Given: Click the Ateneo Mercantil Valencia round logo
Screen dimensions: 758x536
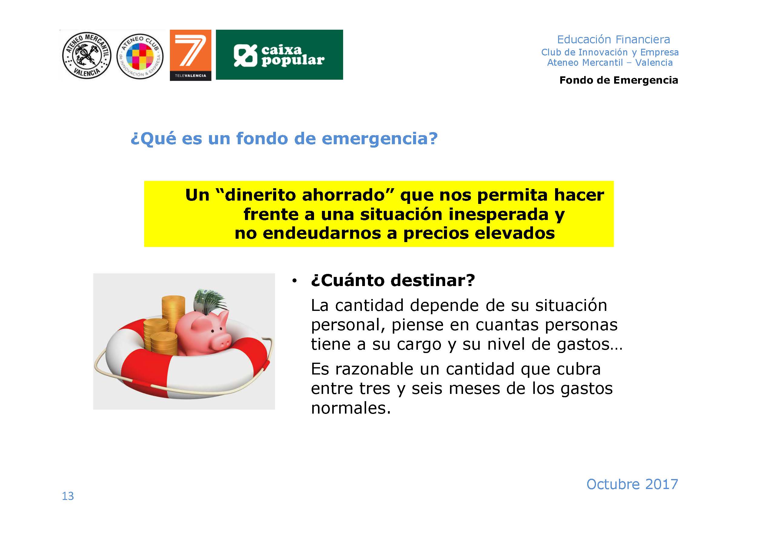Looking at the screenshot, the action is point(87,55).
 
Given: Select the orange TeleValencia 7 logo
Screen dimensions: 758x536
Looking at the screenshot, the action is point(190,55).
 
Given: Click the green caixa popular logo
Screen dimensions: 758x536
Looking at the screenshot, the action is point(279,55).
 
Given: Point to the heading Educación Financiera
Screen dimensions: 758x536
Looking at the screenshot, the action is point(614,40).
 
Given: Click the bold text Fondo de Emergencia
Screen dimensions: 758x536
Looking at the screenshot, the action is point(619,80).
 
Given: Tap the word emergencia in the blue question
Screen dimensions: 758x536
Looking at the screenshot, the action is point(380,139).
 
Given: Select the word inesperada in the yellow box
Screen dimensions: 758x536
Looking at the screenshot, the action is point(498,214).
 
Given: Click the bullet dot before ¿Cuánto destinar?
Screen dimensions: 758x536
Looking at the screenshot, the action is point(294,281).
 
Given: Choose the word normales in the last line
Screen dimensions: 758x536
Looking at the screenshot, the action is point(351,408).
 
